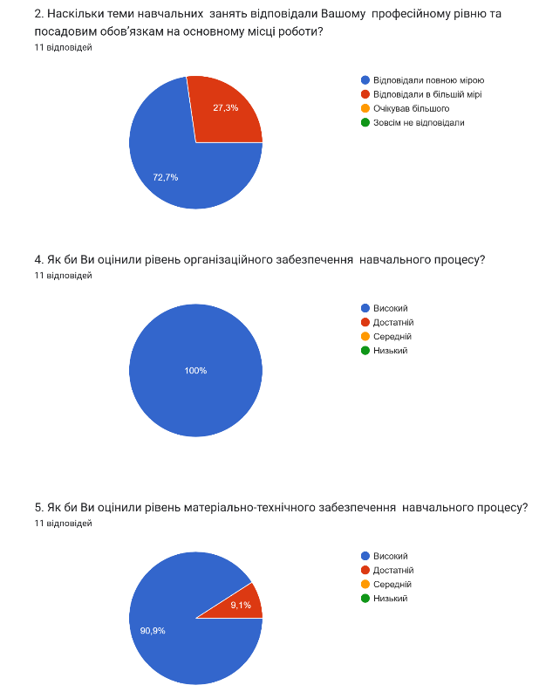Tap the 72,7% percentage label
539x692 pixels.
click(166, 177)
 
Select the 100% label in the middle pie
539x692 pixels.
click(195, 371)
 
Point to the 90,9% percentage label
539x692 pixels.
click(153, 629)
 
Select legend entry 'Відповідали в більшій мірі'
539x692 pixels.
click(426, 94)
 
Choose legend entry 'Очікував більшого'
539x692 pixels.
click(410, 108)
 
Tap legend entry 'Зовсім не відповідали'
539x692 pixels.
click(418, 122)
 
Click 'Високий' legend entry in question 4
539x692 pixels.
click(390, 308)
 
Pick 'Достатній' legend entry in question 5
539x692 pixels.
click(392, 570)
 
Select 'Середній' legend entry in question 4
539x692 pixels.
click(392, 336)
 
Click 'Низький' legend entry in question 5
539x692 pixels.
click(390, 598)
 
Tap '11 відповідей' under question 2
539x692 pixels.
click(63, 48)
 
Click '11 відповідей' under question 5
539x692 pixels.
click(63, 524)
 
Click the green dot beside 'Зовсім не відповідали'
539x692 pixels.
click(365, 122)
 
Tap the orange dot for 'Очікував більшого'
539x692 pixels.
click(365, 108)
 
